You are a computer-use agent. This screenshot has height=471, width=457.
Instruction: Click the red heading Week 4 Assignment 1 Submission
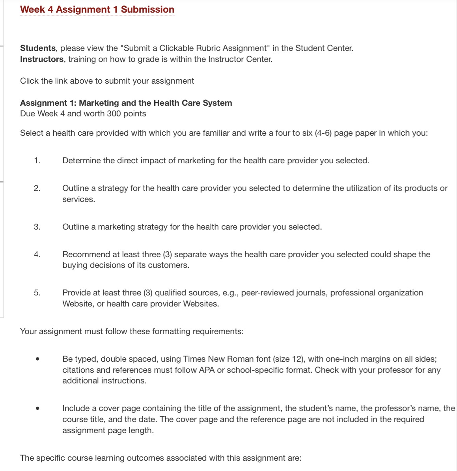click(x=97, y=9)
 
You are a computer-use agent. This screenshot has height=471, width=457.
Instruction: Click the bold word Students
click(x=38, y=48)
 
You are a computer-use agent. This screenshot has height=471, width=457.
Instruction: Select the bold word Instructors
click(x=42, y=59)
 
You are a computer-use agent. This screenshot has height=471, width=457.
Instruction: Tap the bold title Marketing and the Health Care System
click(x=155, y=103)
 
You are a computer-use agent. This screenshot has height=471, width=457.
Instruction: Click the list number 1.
click(x=37, y=161)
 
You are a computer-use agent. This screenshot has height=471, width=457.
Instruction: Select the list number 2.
click(x=37, y=188)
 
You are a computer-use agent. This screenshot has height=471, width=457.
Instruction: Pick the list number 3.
click(x=37, y=227)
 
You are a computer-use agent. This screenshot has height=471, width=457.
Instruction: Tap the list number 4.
click(x=37, y=254)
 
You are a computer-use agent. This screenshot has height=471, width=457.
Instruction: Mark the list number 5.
click(x=37, y=293)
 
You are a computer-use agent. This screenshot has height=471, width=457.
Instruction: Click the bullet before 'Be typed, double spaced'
click(x=37, y=359)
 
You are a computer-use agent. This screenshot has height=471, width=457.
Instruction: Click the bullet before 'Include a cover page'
click(x=37, y=409)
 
